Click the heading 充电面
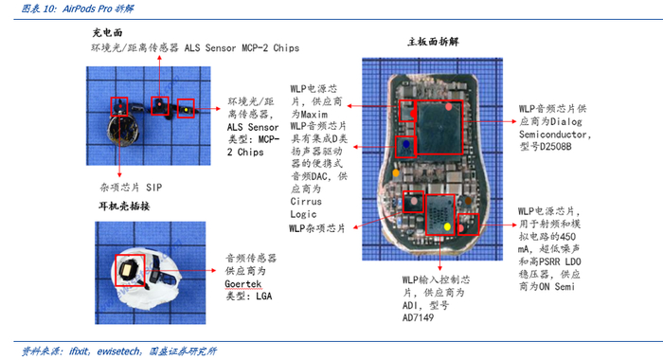point(107,32)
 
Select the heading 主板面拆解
point(433,42)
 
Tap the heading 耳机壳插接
point(124,206)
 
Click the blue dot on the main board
point(406,144)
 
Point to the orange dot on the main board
point(396,173)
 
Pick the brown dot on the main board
point(468,201)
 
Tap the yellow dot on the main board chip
point(447,226)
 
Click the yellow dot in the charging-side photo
point(186,110)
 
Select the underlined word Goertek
point(243,283)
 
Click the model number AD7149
point(418,317)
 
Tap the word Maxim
point(314,115)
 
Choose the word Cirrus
point(306,202)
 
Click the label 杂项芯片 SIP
point(131,188)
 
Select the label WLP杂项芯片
point(317,228)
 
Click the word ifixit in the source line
point(79,351)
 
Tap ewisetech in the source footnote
point(118,351)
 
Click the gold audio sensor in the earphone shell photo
point(128,270)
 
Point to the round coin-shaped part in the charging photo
point(123,131)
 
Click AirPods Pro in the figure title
point(87,9)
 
